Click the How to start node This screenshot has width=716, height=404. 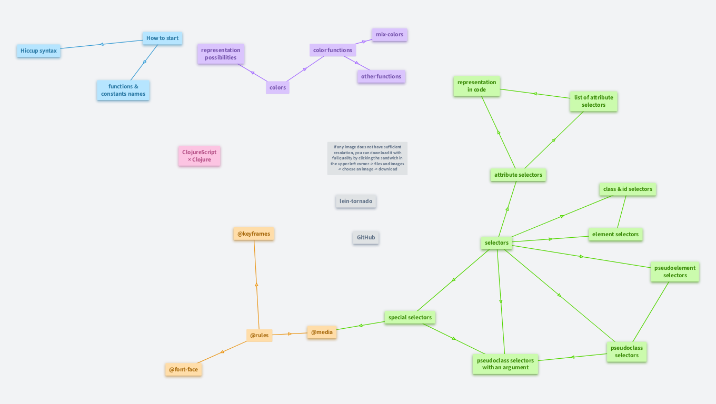pyautogui.click(x=162, y=38)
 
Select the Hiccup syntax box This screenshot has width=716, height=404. pyautogui.click(x=38, y=51)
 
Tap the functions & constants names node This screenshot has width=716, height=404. pyautogui.click(x=123, y=90)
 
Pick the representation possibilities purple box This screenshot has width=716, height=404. pyautogui.click(x=221, y=54)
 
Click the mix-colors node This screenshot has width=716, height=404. pyautogui.click(x=389, y=35)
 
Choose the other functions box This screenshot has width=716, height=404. pyautogui.click(x=381, y=76)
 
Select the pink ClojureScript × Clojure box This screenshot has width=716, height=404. pyautogui.click(x=199, y=156)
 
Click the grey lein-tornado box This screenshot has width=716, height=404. pyautogui.click(x=356, y=201)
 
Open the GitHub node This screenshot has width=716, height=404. pyautogui.click(x=366, y=238)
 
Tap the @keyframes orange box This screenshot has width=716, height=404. pyautogui.click(x=254, y=234)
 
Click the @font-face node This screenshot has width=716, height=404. pyautogui.click(x=183, y=369)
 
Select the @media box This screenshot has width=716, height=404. pyautogui.click(x=322, y=332)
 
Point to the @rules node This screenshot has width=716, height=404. pyautogui.click(x=259, y=335)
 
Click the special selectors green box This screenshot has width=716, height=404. pyautogui.click(x=410, y=317)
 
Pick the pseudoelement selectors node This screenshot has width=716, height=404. pyautogui.click(x=674, y=271)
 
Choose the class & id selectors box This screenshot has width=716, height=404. pyautogui.click(x=628, y=189)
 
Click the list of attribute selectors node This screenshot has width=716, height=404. pyautogui.click(x=593, y=101)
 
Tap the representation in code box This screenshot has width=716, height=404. pyautogui.click(x=476, y=86)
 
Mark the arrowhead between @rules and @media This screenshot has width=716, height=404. pyautogui.click(x=290, y=334)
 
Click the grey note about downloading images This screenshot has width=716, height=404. pyautogui.click(x=367, y=158)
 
